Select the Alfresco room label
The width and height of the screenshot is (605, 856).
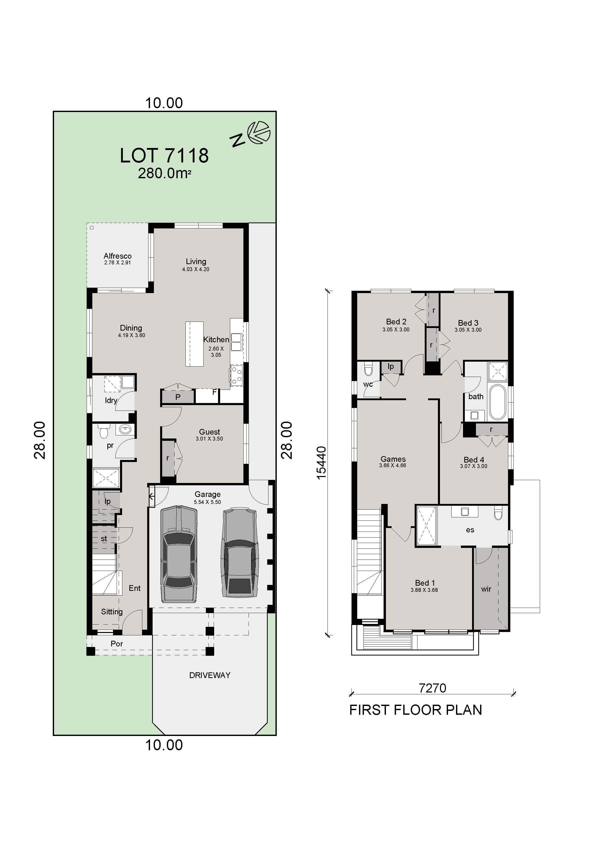pyautogui.click(x=117, y=256)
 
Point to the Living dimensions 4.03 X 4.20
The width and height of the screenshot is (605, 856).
pyautogui.click(x=196, y=269)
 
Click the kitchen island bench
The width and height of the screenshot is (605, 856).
pyautogui.click(x=195, y=344)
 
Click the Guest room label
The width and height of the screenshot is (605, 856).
pyautogui.click(x=210, y=432)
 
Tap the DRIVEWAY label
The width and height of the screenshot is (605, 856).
pyautogui.click(x=210, y=675)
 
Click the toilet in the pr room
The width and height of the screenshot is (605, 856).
pyautogui.click(x=104, y=433)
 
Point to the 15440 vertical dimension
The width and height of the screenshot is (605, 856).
pyautogui.click(x=321, y=463)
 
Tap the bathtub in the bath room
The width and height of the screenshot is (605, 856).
pyautogui.click(x=497, y=403)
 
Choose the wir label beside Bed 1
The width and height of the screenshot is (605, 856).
pyautogui.click(x=486, y=589)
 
